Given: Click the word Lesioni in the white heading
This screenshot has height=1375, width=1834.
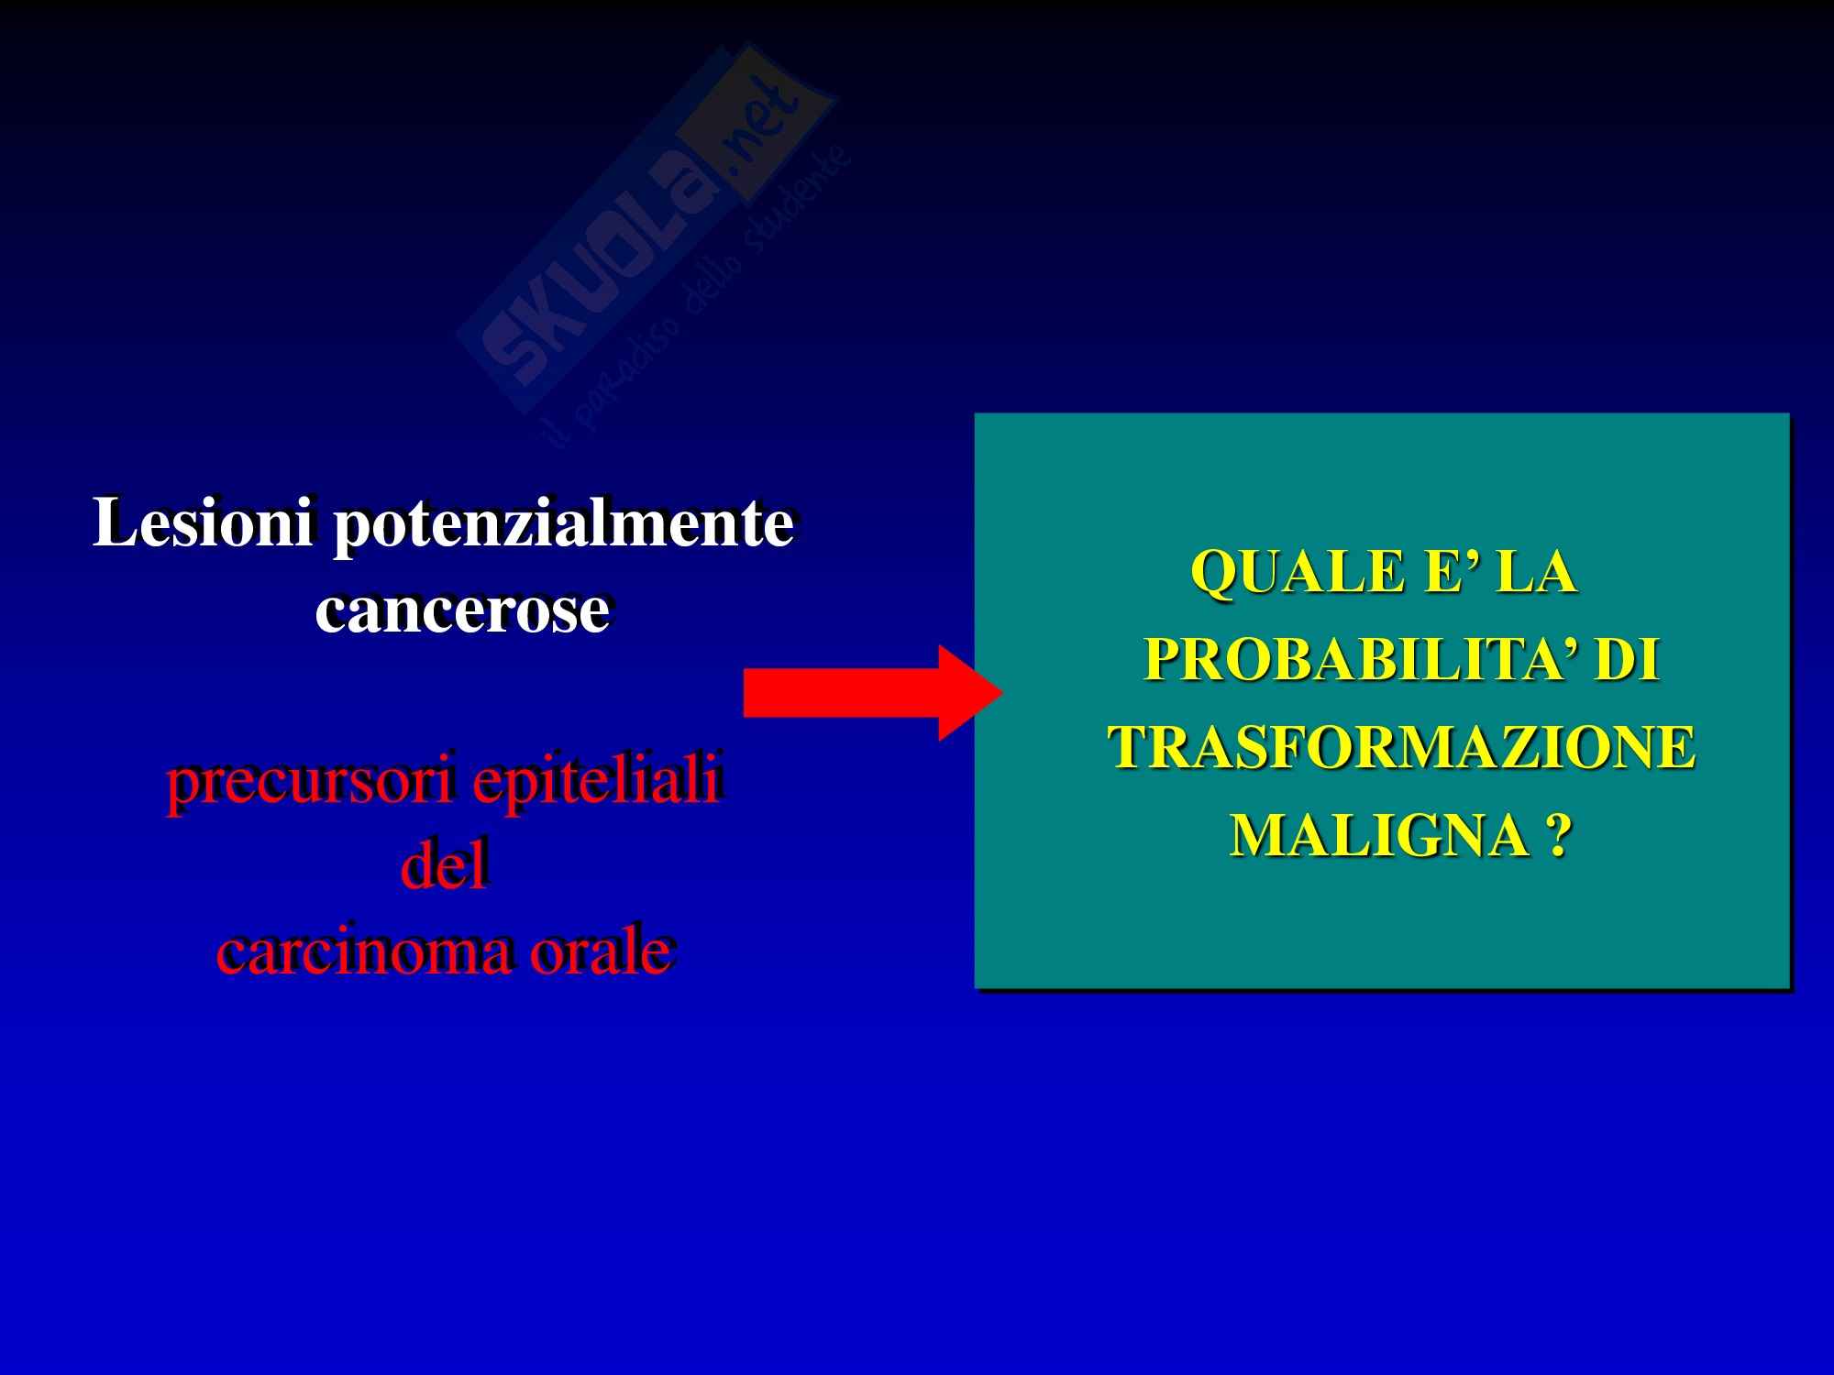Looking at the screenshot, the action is click(204, 523).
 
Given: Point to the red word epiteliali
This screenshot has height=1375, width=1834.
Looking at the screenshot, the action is click(596, 785).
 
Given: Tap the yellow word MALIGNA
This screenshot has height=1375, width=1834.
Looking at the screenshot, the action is click(1377, 835).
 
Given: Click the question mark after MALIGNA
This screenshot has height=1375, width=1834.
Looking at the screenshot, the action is click(1556, 835).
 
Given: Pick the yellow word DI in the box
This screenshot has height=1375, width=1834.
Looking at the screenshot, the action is click(1628, 661).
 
